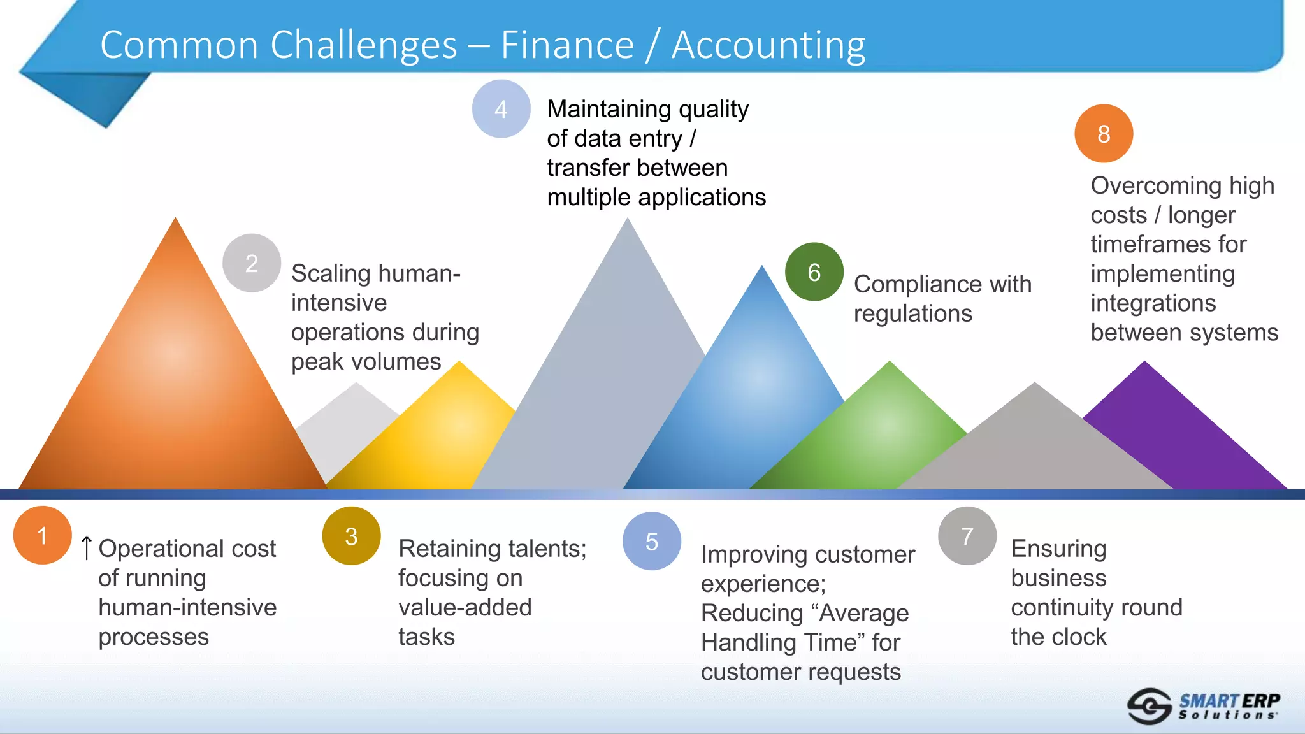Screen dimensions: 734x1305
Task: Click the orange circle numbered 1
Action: (x=42, y=535)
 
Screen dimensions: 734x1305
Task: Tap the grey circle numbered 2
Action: (x=252, y=263)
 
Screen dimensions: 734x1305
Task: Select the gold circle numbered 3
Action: (x=351, y=536)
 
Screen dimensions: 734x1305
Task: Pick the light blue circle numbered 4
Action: (x=501, y=109)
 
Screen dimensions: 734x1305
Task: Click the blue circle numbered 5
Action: (x=651, y=541)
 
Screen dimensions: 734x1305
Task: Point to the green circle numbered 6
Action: (x=814, y=272)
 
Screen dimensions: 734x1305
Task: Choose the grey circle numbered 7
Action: (x=967, y=536)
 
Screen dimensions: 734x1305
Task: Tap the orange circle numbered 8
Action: (x=1104, y=134)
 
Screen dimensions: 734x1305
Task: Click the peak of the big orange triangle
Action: (x=175, y=221)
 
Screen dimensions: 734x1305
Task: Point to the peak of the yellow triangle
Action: (x=459, y=364)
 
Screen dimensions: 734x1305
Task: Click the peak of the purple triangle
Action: (x=1144, y=364)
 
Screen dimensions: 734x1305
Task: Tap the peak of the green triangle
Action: (x=890, y=364)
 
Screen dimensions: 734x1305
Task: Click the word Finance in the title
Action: (x=567, y=45)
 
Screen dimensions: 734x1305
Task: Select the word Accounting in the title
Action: (x=768, y=45)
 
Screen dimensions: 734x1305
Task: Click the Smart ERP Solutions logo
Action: (x=1203, y=706)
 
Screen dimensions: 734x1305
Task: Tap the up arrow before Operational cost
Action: (x=87, y=548)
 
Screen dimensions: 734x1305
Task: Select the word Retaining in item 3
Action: (x=458, y=548)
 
